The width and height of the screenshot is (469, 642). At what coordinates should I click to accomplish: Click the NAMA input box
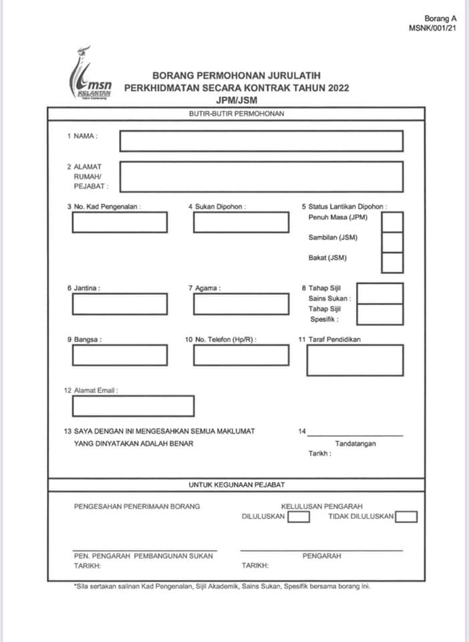pyautogui.click(x=261, y=141)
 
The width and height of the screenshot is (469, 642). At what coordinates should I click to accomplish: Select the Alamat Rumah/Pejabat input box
pyautogui.click(x=261, y=177)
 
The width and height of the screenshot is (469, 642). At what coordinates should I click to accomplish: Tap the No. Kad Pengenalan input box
pyautogui.click(x=120, y=222)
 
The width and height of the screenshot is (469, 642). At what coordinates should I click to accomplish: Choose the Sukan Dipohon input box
pyautogui.click(x=241, y=222)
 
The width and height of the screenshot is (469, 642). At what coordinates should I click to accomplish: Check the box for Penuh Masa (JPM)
pyautogui.click(x=392, y=221)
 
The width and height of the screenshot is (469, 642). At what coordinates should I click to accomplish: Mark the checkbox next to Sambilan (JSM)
pyautogui.click(x=392, y=242)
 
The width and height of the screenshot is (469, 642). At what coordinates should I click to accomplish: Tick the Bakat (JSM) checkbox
pyautogui.click(x=392, y=263)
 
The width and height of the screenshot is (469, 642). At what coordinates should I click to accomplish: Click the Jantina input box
pyautogui.click(x=120, y=304)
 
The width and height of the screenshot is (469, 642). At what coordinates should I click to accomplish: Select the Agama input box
pyautogui.click(x=241, y=304)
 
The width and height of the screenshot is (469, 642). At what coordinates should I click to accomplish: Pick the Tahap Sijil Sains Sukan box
pyautogui.click(x=380, y=294)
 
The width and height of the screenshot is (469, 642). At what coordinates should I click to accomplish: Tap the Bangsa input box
pyautogui.click(x=120, y=355)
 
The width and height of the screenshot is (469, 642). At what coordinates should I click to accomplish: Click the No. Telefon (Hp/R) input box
pyautogui.click(x=241, y=355)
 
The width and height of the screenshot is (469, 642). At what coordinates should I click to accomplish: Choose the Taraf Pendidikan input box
pyautogui.click(x=355, y=360)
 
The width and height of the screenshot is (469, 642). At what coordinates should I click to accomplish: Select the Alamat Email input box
pyautogui.click(x=133, y=406)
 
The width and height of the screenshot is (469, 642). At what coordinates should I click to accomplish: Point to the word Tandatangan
pyautogui.click(x=355, y=443)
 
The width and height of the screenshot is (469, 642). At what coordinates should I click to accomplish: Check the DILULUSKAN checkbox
pyautogui.click(x=299, y=516)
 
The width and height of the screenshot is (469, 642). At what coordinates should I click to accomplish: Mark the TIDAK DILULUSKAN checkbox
pyautogui.click(x=406, y=516)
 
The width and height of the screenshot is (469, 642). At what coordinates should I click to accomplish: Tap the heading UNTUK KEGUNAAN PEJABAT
pyautogui.click(x=235, y=484)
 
